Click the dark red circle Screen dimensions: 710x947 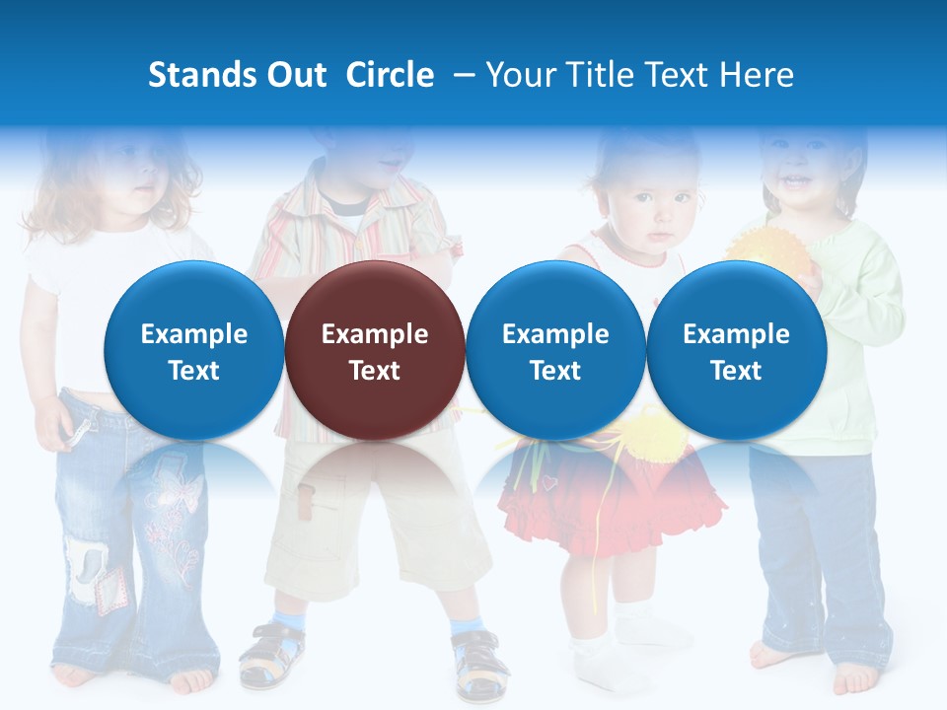click(x=374, y=351)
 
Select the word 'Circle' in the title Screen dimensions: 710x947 click(x=390, y=75)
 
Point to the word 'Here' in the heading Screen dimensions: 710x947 click(x=759, y=75)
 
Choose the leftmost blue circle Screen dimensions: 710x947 click(x=193, y=351)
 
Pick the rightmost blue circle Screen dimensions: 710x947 click(x=736, y=351)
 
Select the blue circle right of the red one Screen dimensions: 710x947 click(x=555, y=351)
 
